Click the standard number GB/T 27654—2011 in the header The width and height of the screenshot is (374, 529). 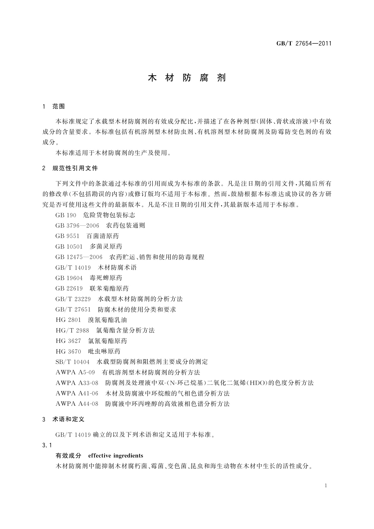[304, 44]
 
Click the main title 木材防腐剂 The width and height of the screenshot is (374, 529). [187, 78]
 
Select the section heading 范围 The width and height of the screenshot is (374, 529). [59, 106]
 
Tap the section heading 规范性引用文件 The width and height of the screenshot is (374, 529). [75, 168]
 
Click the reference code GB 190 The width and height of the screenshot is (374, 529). [66, 215]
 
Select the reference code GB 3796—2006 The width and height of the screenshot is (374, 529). [77, 226]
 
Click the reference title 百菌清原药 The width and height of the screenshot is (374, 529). [103, 236]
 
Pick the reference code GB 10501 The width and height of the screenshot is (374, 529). [69, 247]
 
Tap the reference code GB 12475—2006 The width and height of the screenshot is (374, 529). [79, 257]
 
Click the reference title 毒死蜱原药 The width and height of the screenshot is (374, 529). [106, 278]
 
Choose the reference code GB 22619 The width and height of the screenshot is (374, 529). [69, 288]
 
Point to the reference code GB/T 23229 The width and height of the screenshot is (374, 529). [73, 299]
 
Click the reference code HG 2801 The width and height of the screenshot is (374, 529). [68, 320]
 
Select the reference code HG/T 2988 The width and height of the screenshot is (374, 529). [72, 330]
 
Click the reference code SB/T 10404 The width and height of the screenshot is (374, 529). [73, 362]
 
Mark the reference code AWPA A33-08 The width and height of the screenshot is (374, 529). [77, 383]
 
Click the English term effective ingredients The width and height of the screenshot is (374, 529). [116, 456]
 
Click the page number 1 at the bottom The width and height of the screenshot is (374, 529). [326, 486]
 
